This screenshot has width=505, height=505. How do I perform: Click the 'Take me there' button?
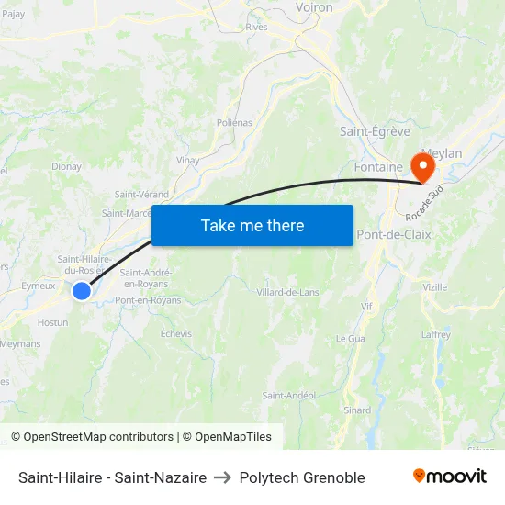[252, 225]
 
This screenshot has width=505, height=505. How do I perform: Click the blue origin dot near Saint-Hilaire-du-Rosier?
[82, 291]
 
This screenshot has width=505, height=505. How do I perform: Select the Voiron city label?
[314, 6]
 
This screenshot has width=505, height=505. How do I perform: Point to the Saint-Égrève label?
[375, 131]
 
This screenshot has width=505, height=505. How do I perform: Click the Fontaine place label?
[378, 167]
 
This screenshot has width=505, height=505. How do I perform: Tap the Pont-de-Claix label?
[393, 234]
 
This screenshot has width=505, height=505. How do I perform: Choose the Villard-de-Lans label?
[287, 292]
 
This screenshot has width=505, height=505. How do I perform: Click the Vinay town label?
[188, 160]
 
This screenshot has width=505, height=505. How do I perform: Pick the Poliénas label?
[234, 122]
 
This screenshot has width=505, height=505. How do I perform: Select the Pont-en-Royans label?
[148, 300]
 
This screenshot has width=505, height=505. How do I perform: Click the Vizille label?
[434, 287]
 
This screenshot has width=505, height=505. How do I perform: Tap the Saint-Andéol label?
[289, 396]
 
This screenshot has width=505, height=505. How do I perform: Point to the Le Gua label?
[350, 339]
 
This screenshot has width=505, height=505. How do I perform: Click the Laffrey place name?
[435, 335]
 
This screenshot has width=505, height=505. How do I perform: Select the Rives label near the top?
[256, 28]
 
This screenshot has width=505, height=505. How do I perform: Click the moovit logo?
[449, 477]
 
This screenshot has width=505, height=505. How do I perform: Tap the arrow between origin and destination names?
[222, 477]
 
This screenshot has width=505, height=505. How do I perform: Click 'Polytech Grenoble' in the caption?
[302, 477]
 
